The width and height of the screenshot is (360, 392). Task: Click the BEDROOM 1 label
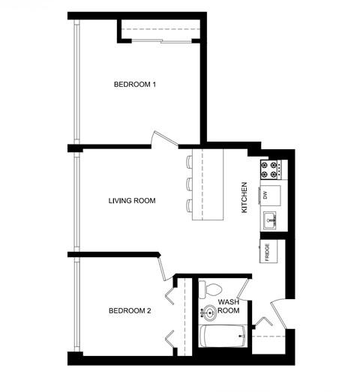(x=134, y=84)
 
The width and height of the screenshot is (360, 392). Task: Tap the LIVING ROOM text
(x=131, y=200)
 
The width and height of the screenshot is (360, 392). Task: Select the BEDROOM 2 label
(x=130, y=310)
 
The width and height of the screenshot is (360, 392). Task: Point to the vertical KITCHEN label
(x=244, y=198)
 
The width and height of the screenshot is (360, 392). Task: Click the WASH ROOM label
(x=229, y=307)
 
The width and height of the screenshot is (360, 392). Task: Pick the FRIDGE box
(x=270, y=251)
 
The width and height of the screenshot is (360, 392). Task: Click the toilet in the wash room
(x=213, y=289)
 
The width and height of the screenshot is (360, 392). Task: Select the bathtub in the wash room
(x=224, y=337)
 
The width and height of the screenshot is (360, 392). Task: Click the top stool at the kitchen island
(x=189, y=162)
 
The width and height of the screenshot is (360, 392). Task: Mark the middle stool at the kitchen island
(x=189, y=183)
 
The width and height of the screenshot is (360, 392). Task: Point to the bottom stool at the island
(x=189, y=204)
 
